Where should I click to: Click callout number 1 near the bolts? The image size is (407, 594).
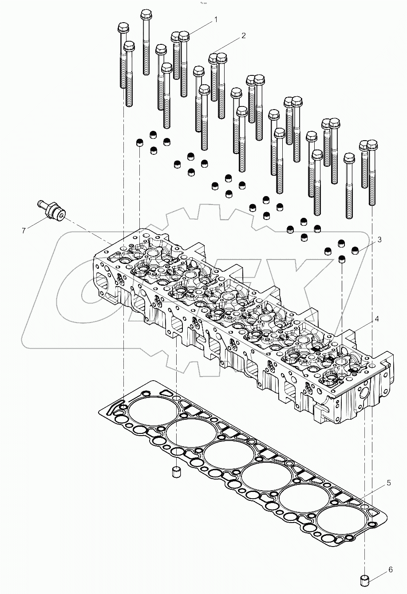[x=216, y=20]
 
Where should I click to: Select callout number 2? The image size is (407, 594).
[x=244, y=36]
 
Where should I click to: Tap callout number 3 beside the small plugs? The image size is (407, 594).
[x=379, y=240]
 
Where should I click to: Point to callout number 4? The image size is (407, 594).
[x=376, y=319]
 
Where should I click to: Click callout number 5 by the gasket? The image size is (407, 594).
[x=388, y=483]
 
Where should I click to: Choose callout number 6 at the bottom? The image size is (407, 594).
[x=390, y=569]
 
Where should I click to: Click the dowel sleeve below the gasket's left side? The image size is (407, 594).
[x=176, y=472]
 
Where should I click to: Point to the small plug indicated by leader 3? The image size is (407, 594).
[x=356, y=251]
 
